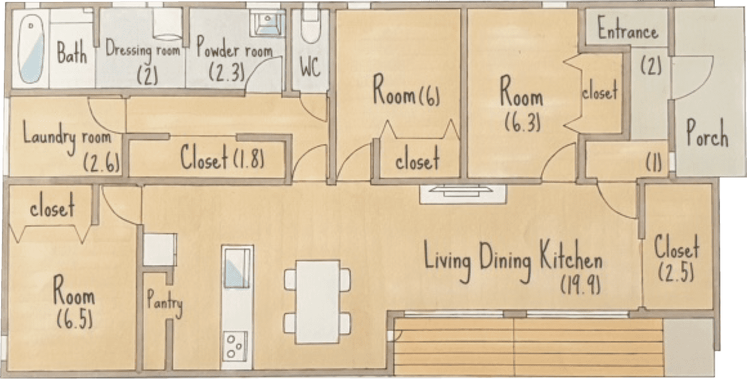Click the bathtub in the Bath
click(x=32, y=48)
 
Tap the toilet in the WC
click(x=310, y=26)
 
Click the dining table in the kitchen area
click(x=317, y=301)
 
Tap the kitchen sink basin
click(x=237, y=267)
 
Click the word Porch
click(x=707, y=133)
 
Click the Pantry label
click(x=164, y=303)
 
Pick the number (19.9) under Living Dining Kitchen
click(x=580, y=285)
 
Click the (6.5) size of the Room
click(x=75, y=319)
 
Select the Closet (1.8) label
click(x=222, y=158)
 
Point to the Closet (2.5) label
click(x=676, y=259)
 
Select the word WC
click(x=309, y=68)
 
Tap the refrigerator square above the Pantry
click(x=160, y=249)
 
